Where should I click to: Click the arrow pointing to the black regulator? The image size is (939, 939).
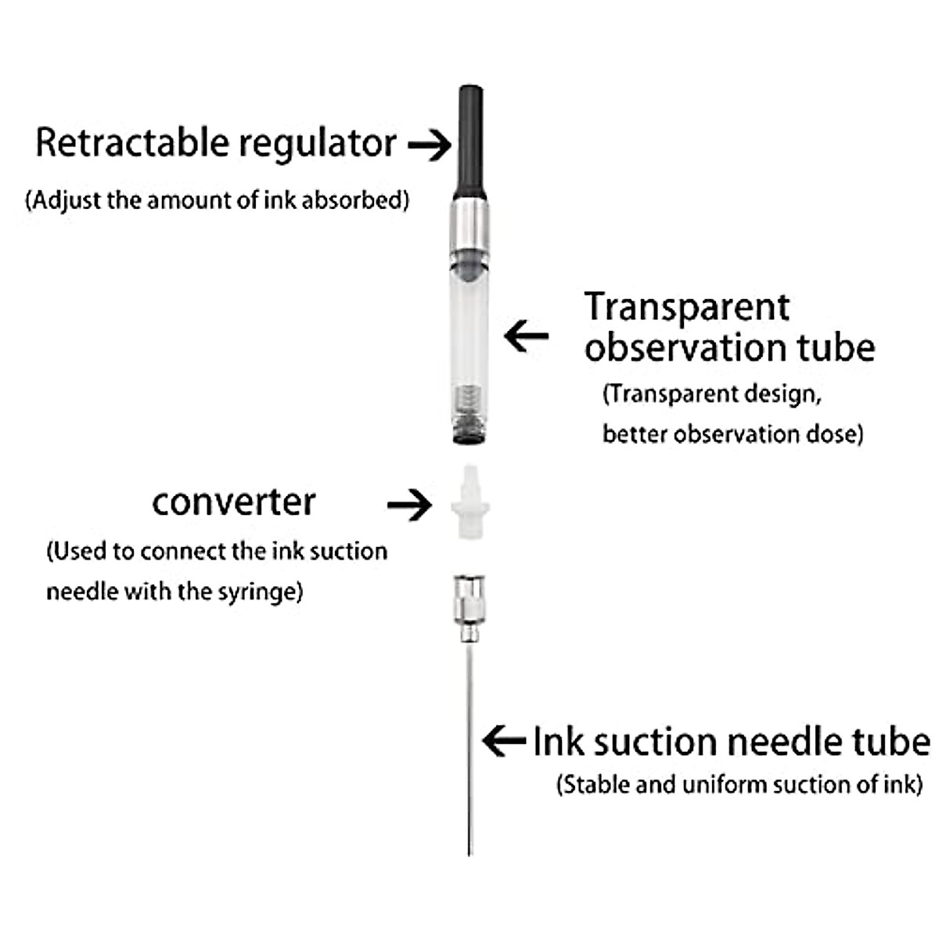pyautogui.click(x=430, y=145)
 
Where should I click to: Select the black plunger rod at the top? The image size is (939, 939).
pyautogui.click(x=469, y=141)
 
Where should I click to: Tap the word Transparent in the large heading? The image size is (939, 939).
pyautogui.click(x=687, y=307)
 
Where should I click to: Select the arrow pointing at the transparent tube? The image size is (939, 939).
pyautogui.click(x=527, y=336)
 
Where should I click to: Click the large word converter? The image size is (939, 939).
pyautogui.click(x=233, y=502)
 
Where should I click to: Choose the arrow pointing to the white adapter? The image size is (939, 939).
pyautogui.click(x=409, y=505)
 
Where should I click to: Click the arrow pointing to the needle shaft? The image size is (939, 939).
pyautogui.click(x=504, y=740)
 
